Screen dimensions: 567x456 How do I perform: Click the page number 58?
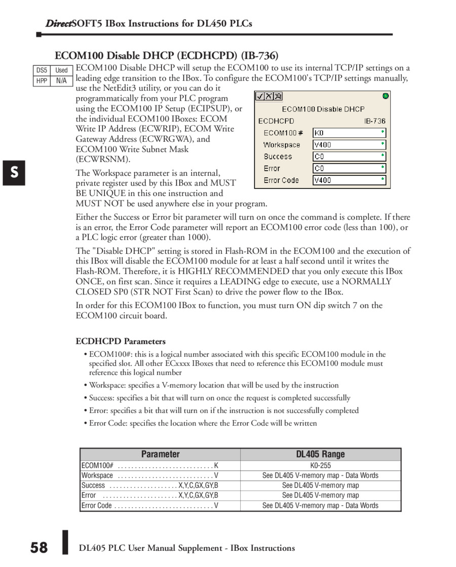pyautogui.click(x=39, y=548)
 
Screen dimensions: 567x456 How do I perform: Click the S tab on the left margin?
pyautogui.click(x=15, y=172)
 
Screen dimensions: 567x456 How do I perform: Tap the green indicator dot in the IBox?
pyautogui.click(x=386, y=96)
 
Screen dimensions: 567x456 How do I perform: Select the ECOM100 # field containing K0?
pyautogui.click(x=349, y=133)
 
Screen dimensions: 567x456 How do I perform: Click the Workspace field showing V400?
pyautogui.click(x=349, y=144)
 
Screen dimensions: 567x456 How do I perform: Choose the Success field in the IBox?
pyautogui.click(x=349, y=157)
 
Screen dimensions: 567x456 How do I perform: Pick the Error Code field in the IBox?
pyautogui.click(x=349, y=180)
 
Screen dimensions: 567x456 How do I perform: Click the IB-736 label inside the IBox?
pyautogui.click(x=374, y=121)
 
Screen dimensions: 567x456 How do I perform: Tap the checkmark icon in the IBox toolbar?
pyautogui.click(x=260, y=96)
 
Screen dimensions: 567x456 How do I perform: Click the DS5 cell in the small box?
pyautogui.click(x=42, y=70)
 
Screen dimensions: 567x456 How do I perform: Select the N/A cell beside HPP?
pyautogui.click(x=61, y=81)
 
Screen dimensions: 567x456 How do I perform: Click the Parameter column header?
pyautogui.click(x=160, y=454)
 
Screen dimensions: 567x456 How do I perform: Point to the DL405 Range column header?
pyautogui.click(x=320, y=454)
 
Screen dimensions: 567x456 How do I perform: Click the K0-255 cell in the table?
pyautogui.click(x=320, y=465)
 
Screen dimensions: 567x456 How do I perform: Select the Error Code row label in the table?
pyautogui.click(x=97, y=505)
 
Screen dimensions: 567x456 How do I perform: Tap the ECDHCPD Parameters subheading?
pyautogui.click(x=121, y=341)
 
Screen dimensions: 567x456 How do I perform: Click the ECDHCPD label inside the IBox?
pyautogui.click(x=276, y=121)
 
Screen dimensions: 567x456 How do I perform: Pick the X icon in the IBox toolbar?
pyautogui.click(x=269, y=96)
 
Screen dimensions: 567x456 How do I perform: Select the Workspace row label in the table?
pyautogui.click(x=97, y=475)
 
